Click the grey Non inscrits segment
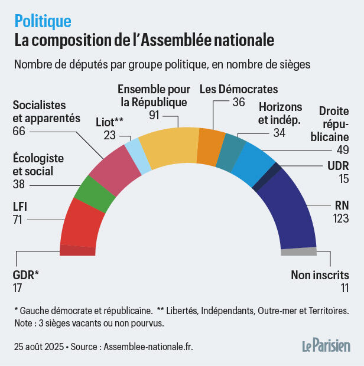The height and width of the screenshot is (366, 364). (x=298, y=251)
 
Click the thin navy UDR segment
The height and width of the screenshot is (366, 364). (x=259, y=177)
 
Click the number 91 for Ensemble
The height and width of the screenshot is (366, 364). (x=155, y=115)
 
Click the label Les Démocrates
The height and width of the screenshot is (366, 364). (x=238, y=89)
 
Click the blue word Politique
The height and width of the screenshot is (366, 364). (x=43, y=21)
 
